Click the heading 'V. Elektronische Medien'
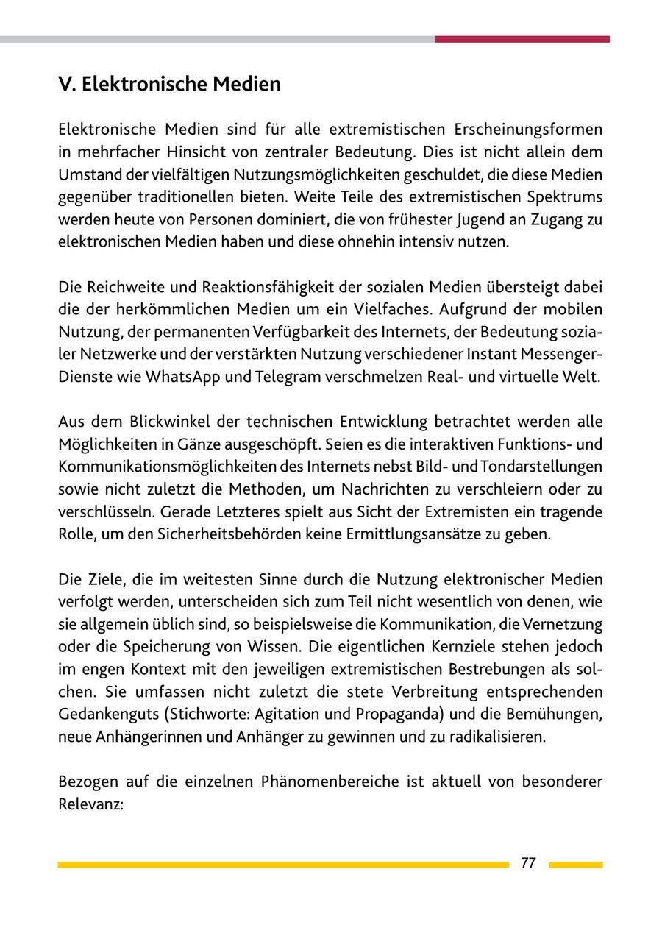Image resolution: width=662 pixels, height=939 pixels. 169,85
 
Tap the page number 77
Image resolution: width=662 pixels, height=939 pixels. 528,864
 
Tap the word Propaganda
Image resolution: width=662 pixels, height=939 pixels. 396,715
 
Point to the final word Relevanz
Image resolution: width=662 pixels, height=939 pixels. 90,804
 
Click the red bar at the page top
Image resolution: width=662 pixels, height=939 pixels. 522,39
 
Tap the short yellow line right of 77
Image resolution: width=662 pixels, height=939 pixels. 575,865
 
